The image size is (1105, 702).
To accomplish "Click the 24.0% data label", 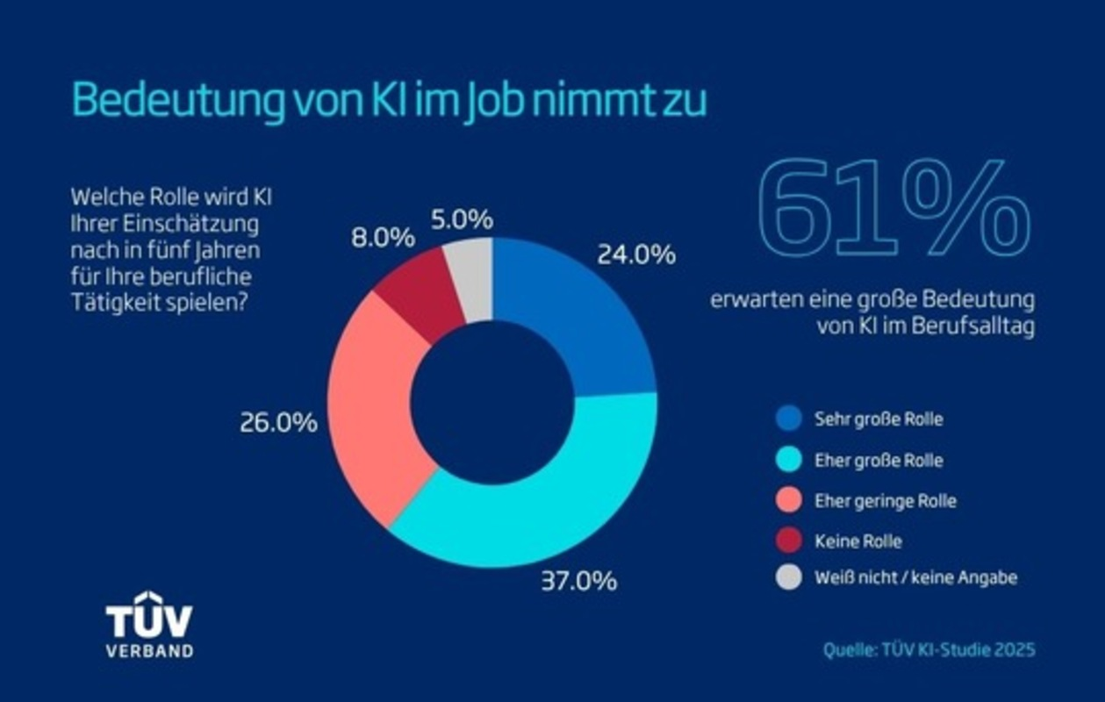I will pos(636,255).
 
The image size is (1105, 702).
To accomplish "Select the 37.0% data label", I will pos(578,581).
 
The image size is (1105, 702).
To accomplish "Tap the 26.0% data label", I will pos(278,423).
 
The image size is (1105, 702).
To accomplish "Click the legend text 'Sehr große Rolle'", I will pos(879,419).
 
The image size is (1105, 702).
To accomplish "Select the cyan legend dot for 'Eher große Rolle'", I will pos(789,460).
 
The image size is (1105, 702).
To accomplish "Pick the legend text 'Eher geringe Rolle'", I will pos(885,501).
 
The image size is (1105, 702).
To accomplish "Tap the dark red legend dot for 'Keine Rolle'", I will pos(789,541).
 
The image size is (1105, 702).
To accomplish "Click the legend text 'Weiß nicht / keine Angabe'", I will pos(915,578).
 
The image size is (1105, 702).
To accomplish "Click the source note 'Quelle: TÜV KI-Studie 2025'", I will pos(929,650).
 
